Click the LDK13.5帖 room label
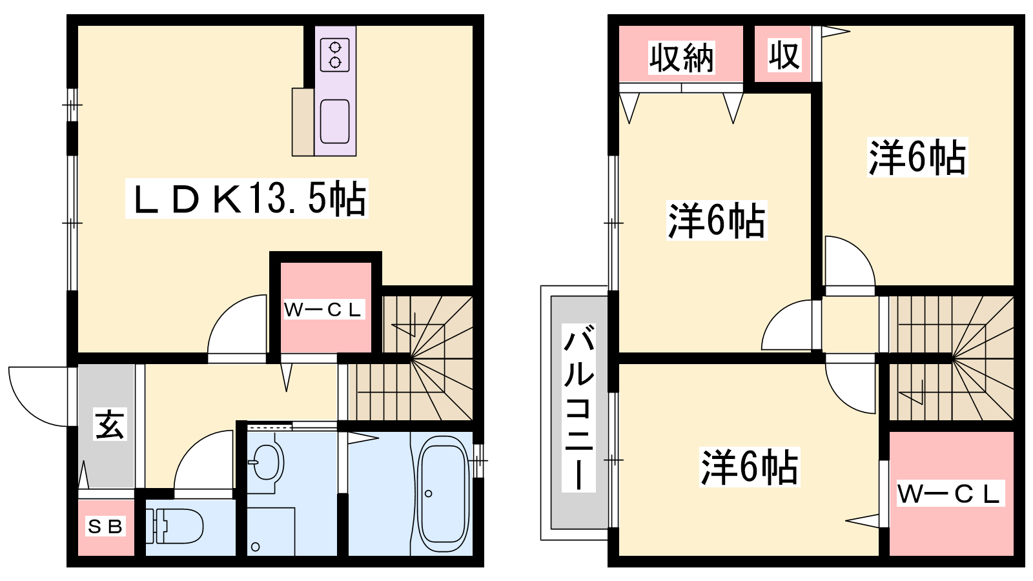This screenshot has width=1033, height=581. click(247, 198)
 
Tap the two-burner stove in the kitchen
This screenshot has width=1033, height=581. click(335, 55)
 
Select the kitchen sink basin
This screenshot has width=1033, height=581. click(335, 121)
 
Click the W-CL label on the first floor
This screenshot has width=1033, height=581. click(322, 310)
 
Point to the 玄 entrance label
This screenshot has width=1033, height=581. click(110, 423)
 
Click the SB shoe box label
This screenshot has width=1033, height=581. click(105, 526)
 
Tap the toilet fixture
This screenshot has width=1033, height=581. click(174, 526)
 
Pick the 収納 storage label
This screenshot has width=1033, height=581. click(682, 58)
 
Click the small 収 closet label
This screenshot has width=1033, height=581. click(784, 56)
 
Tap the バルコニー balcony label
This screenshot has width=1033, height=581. click(578, 407)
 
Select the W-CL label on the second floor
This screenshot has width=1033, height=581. click(950, 493)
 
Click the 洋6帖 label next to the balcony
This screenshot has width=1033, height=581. click(750, 467)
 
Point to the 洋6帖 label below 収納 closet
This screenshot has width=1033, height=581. click(717, 220)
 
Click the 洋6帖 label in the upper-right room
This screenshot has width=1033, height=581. click(917, 158)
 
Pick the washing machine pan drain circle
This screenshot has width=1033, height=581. click(255, 547)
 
